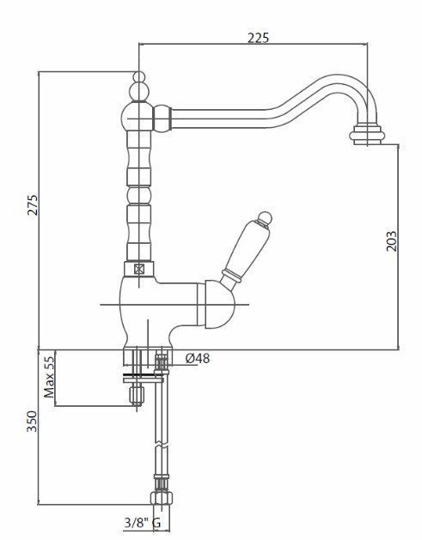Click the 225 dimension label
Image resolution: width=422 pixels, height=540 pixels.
point(258,37)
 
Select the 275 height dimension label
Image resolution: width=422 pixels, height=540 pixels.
point(33,205)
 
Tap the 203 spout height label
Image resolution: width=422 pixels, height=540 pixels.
point(391,241)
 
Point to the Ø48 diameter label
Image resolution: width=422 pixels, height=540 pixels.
point(198,359)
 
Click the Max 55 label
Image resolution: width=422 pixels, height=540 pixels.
point(49,377)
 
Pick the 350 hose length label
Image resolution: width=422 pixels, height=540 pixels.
point(32,422)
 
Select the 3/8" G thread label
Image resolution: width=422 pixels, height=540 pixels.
point(143,523)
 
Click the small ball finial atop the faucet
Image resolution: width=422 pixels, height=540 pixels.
point(138,76)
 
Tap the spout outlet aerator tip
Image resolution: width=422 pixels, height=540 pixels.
point(367,135)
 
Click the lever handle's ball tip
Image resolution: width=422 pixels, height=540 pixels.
point(265,218)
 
